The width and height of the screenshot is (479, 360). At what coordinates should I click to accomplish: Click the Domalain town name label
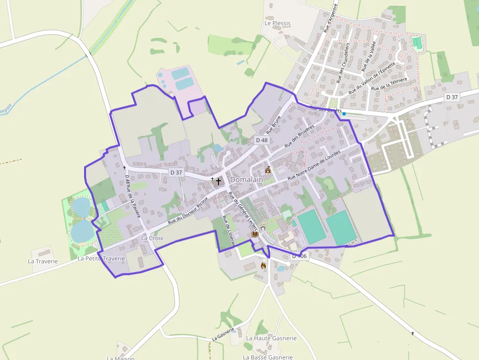246,180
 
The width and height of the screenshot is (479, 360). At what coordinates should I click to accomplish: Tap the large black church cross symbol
218,181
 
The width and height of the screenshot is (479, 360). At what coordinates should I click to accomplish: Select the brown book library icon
255,234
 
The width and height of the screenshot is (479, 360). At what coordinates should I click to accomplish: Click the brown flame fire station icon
263,266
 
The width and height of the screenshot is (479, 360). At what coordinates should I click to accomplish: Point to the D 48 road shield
261,140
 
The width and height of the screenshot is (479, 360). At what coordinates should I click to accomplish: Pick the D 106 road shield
299,256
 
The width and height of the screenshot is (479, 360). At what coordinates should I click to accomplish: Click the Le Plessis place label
277,23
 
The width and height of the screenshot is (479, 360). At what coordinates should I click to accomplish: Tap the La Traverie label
43,261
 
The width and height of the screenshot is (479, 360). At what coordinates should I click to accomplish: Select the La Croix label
152,238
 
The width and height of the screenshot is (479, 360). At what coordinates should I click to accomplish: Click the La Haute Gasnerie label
271,338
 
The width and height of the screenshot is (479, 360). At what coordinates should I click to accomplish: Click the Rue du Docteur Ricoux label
188,211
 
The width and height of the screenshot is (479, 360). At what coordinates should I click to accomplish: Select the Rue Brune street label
274,125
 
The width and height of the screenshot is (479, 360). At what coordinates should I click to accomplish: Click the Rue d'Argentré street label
331,19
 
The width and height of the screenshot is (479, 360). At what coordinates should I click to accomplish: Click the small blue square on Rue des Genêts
344,114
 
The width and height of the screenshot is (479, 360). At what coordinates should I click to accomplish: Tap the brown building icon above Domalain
267,170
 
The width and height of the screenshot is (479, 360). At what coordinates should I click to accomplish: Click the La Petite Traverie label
101,258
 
